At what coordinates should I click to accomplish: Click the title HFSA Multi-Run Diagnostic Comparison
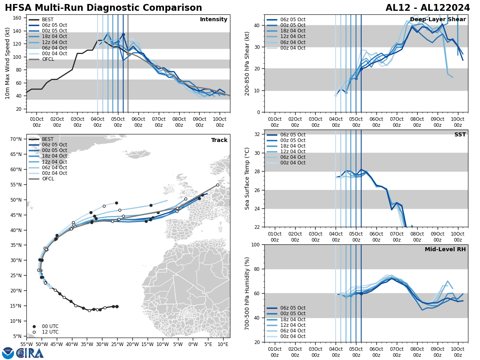coord(103,8)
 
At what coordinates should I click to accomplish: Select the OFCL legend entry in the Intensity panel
coord(47,59)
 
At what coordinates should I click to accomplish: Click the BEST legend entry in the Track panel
coord(47,139)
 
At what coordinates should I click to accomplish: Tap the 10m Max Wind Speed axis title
coord(8,63)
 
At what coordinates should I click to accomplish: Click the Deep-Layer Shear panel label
coord(438,20)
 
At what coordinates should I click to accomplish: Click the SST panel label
coord(460,135)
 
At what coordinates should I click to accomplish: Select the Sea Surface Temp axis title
coord(247,178)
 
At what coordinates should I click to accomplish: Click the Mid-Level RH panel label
coord(445,250)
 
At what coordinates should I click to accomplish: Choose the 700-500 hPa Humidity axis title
coord(247,293)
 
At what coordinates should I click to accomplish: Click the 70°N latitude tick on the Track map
coord(16,139)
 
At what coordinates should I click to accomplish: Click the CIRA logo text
coord(29,353)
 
